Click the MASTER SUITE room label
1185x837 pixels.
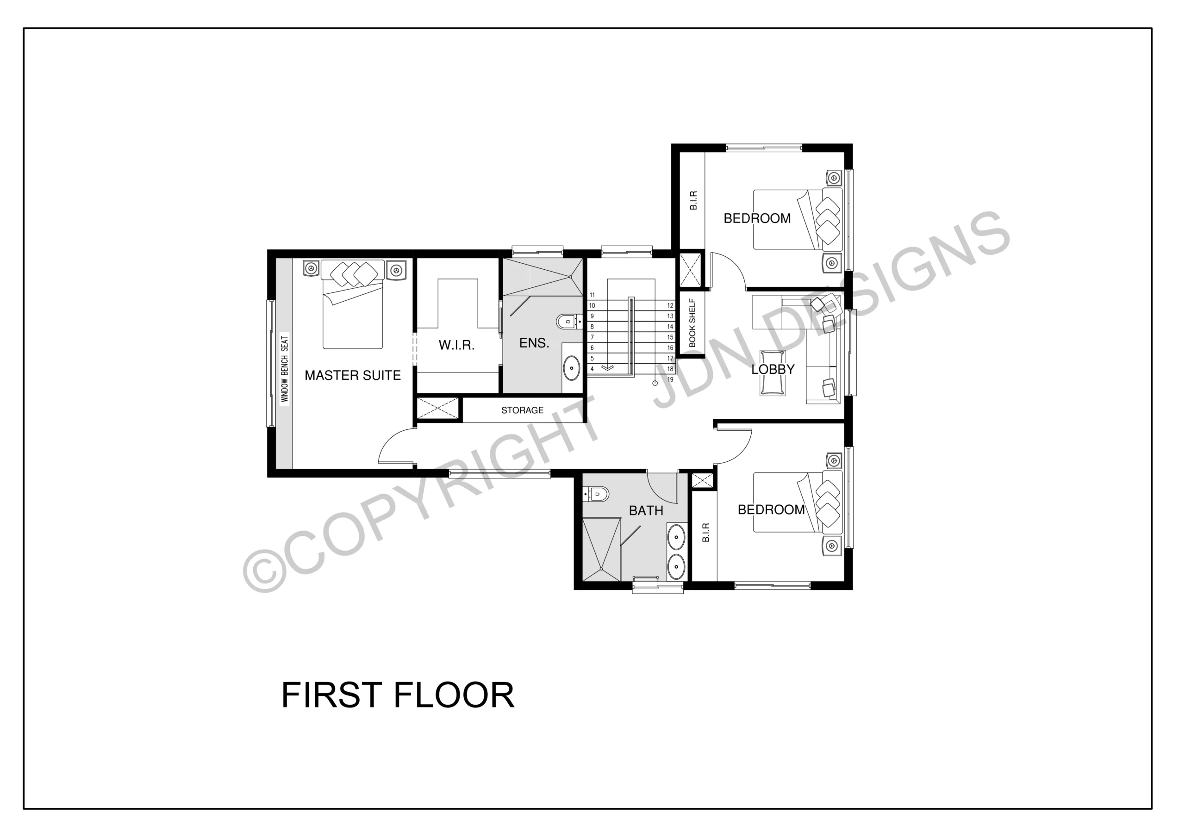pos(353,375)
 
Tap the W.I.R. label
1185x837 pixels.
pos(456,345)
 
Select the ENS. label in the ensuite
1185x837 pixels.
pos(534,343)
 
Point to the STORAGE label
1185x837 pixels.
pos(522,410)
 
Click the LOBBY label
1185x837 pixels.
pos(773,370)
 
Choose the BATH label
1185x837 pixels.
pos(646,510)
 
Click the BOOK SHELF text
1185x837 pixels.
pos(692,323)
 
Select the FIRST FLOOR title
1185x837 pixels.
pos(398,695)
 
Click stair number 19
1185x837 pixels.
pos(670,379)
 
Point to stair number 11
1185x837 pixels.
pos(592,295)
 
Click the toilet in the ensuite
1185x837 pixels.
pos(569,322)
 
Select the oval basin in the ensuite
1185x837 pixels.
pos(571,368)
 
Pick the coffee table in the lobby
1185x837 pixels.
pos(773,372)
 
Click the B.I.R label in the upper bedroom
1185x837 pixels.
pos(693,200)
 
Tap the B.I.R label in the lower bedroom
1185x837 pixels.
pos(705,533)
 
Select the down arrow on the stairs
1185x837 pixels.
pos(608,367)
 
